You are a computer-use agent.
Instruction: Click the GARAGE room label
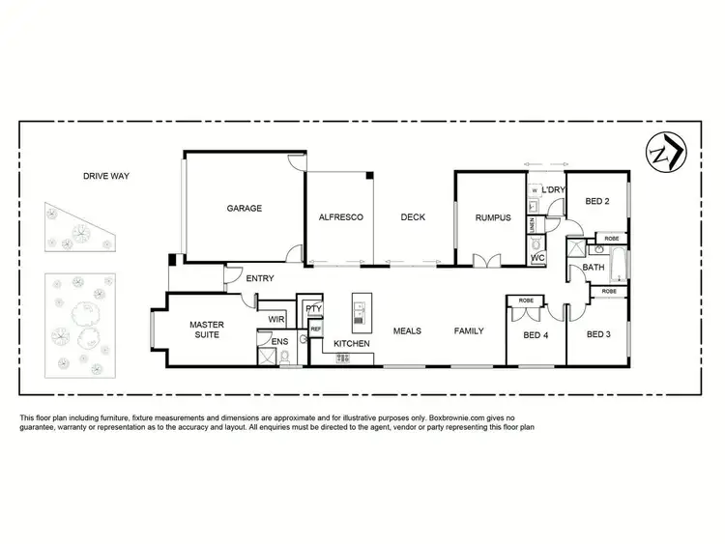pyautogui.click(x=245, y=209)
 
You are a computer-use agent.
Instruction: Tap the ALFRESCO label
pyautogui.click(x=340, y=217)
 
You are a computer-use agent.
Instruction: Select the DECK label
pyautogui.click(x=413, y=217)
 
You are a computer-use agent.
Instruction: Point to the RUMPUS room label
pyautogui.click(x=492, y=217)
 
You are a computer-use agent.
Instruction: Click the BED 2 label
pyautogui.click(x=597, y=201)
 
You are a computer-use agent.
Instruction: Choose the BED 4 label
pyautogui.click(x=535, y=335)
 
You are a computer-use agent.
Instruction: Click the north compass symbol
pyautogui.click(x=663, y=155)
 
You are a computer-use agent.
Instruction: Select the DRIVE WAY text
pyautogui.click(x=106, y=176)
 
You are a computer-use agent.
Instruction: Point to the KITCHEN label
pyautogui.click(x=352, y=344)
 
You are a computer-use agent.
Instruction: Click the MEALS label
pyautogui.click(x=407, y=331)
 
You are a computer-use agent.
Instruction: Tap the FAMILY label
pyautogui.click(x=469, y=331)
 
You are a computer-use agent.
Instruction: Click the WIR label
pyautogui.click(x=275, y=319)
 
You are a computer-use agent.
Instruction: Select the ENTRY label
pyautogui.click(x=260, y=278)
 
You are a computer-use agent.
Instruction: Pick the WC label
pyautogui.click(x=538, y=258)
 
